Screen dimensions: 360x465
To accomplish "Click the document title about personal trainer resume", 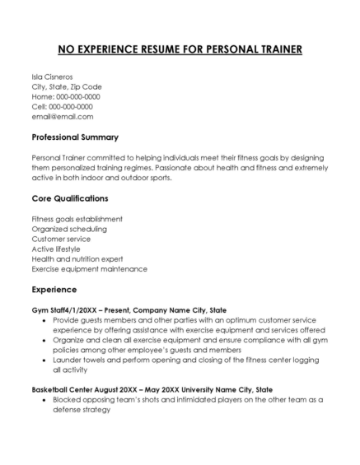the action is tap(180, 49).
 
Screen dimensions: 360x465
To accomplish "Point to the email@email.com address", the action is tap(62, 116).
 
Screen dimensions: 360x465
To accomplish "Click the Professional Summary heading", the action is tap(75, 137).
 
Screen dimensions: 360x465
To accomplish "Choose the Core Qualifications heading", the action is tap(70, 198).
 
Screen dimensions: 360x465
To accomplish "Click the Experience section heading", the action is tap(54, 290).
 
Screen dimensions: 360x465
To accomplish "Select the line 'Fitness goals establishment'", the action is tap(77, 219).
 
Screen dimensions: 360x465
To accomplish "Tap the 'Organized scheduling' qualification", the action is tap(68, 229).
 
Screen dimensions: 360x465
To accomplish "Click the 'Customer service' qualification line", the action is tap(63, 239).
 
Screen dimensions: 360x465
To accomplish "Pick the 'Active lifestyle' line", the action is tap(56, 249).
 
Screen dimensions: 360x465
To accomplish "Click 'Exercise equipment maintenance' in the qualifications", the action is tap(89, 268).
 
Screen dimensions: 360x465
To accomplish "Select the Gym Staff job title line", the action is tap(128, 309).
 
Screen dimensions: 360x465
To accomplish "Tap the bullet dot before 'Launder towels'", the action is tap(44, 360).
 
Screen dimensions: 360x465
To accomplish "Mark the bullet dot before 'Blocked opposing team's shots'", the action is tap(44, 399).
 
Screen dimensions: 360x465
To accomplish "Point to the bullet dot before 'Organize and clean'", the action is tap(44, 340).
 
